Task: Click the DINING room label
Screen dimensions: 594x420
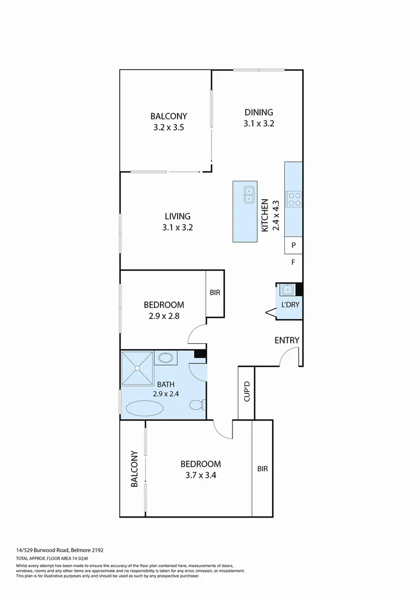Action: [258, 112]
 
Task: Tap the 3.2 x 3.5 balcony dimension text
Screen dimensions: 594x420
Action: [169, 127]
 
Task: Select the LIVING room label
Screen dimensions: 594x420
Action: [177, 216]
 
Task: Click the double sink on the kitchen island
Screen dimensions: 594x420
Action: [249, 194]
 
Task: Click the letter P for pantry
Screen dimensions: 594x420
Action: [294, 245]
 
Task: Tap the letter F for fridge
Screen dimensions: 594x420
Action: [294, 262]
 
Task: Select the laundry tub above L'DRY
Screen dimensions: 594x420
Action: [287, 289]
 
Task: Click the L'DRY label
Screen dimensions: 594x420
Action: [289, 305]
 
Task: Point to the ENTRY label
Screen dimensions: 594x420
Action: [287, 340]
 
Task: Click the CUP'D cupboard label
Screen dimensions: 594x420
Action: [247, 391]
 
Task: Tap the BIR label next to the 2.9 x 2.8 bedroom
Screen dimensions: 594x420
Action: [215, 293]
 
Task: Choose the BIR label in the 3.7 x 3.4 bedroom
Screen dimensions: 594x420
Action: [262, 469]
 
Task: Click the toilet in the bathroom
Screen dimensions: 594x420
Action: [197, 405]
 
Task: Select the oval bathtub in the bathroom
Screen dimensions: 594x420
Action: [145, 408]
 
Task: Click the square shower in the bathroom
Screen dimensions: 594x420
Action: [137, 367]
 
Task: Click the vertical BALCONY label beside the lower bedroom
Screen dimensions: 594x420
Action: [134, 469]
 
